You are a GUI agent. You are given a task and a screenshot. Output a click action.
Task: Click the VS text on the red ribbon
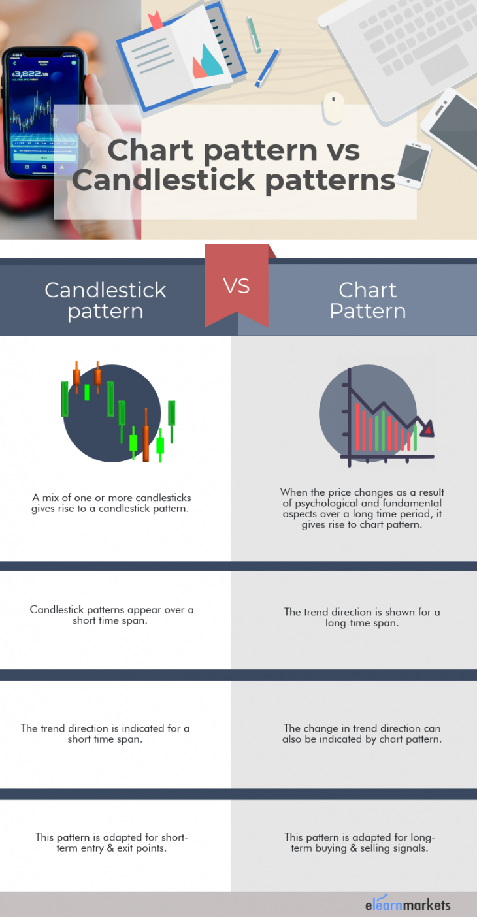coord(237,286)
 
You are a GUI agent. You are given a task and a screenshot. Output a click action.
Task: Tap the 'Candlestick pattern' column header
coord(105,300)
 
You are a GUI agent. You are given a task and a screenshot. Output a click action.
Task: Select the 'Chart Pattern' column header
coord(367,300)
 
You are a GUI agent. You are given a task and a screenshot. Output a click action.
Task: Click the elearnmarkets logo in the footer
coord(407,904)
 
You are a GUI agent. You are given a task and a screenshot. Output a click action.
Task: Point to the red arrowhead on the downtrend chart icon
coord(427,429)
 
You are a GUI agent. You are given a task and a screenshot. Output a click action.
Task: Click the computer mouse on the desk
coord(333,106)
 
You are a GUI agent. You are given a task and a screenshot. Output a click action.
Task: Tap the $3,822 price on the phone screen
coord(31,74)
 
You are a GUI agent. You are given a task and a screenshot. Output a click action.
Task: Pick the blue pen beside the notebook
coord(267,67)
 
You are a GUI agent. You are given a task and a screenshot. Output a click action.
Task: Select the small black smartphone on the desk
coord(414,165)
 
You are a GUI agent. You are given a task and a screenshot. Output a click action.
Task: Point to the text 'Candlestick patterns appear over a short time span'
coord(112,615)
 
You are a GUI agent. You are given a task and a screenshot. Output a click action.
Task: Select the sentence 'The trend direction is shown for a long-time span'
coord(362,617)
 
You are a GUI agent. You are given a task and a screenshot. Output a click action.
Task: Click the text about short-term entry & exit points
coord(112,843)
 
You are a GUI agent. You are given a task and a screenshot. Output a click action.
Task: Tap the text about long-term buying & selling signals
coord(359,843)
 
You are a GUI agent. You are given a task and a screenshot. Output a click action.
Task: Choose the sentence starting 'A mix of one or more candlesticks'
coord(111,503)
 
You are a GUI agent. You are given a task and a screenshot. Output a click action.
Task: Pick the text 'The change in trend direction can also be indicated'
coord(362,733)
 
